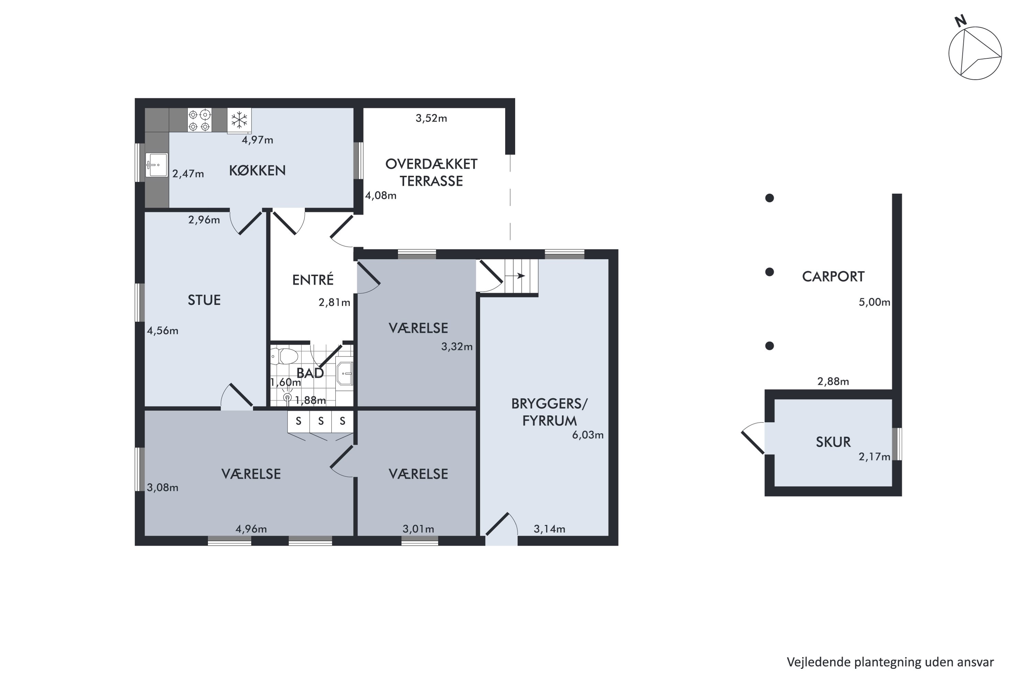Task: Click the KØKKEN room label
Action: tap(257, 170)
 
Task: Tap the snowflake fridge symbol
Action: tap(239, 120)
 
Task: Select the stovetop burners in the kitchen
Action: tap(199, 120)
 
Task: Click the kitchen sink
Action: tap(156, 165)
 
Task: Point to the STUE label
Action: tap(204, 300)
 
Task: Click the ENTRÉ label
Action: tap(313, 280)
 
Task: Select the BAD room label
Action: tap(310, 373)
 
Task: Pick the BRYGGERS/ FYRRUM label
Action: tap(549, 412)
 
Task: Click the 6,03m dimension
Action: tap(588, 435)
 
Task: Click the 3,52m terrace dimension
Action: tap(431, 118)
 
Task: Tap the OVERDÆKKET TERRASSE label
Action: tap(431, 172)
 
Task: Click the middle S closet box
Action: tap(321, 421)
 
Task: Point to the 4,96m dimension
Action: tap(251, 529)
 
